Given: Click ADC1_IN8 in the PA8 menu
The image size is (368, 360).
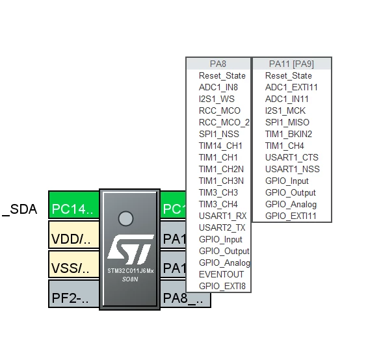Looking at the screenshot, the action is pyautogui.click(x=218, y=87).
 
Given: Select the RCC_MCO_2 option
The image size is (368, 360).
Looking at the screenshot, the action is pyautogui.click(x=224, y=122).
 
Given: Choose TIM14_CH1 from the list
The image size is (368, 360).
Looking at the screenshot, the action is pyautogui.click(x=220, y=146).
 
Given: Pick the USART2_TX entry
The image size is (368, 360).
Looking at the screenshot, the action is pyautogui.click(x=222, y=227).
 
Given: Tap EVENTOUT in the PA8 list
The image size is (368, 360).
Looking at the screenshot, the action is pyautogui.click(x=221, y=274).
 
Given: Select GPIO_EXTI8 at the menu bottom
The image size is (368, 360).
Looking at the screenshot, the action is pyautogui.click(x=222, y=286).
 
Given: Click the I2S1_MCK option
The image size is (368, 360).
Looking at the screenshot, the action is pyautogui.click(x=285, y=110).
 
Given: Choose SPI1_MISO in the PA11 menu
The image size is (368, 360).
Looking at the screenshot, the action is pyautogui.click(x=287, y=122).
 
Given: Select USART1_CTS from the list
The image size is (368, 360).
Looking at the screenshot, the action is pyautogui.click(x=292, y=157).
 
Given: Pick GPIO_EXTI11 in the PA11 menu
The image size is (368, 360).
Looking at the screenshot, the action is pyautogui.click(x=291, y=216).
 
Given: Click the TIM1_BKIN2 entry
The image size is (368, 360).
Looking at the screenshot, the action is pyautogui.click(x=289, y=134).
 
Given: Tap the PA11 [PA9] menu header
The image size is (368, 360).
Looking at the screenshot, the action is pyautogui.click(x=292, y=64).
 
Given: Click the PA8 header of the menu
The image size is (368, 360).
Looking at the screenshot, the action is pyautogui.click(x=218, y=64).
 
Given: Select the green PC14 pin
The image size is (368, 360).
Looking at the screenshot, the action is pyautogui.click(x=74, y=205).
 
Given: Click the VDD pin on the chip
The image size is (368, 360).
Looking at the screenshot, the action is pyautogui.click(x=74, y=235).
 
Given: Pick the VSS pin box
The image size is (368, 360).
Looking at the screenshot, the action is pyautogui.click(x=74, y=264).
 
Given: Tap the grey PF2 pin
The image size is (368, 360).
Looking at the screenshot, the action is pyautogui.click(x=74, y=294).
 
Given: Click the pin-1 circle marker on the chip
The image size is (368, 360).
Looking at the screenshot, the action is pyautogui.click(x=125, y=218).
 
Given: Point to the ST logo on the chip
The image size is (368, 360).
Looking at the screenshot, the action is pyautogui.click(x=131, y=250).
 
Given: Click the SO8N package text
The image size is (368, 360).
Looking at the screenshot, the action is pyautogui.click(x=130, y=279).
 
